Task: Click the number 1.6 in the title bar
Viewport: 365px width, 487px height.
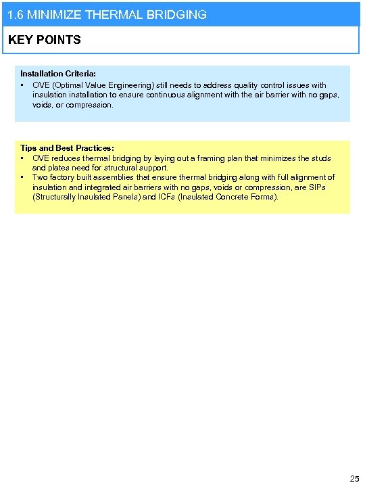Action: pos(14,14)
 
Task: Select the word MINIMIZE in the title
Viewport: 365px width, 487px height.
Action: pos(53,14)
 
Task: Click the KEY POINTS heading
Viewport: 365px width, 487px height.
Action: pos(45,40)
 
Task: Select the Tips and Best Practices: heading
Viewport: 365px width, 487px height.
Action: pos(67,148)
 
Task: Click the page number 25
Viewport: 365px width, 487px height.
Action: pos(354,479)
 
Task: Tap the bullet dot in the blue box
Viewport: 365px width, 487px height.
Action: pos(23,86)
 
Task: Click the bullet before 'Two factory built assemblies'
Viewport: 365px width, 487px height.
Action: pos(23,178)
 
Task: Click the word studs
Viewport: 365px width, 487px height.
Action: pos(320,158)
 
